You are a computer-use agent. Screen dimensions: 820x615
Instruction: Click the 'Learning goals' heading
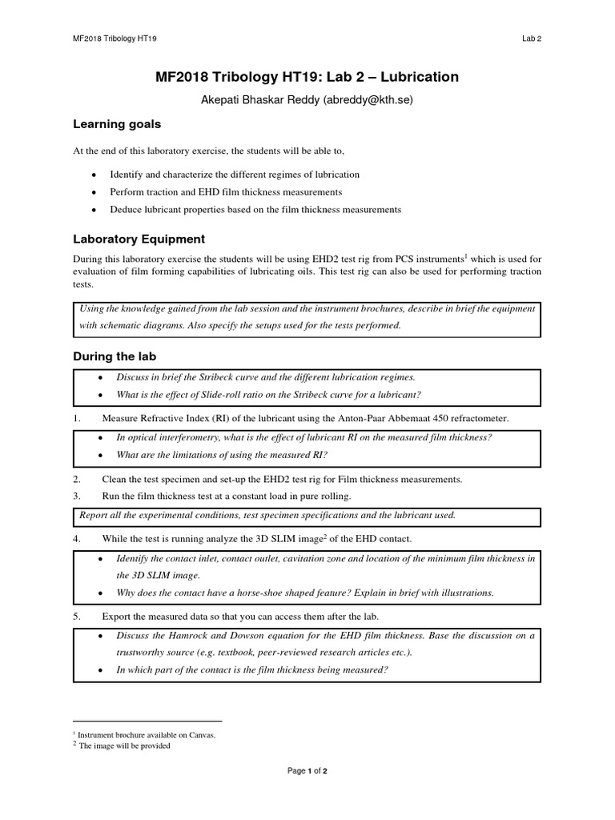(x=117, y=124)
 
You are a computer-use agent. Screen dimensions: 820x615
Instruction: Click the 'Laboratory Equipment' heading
(x=139, y=239)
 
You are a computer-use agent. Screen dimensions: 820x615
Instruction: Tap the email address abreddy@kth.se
(x=360, y=101)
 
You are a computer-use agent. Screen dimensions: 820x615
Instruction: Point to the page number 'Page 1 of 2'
(x=307, y=770)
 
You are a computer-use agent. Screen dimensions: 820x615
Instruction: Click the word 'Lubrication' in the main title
(x=420, y=78)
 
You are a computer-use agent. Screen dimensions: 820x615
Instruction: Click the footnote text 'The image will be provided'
(x=125, y=746)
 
